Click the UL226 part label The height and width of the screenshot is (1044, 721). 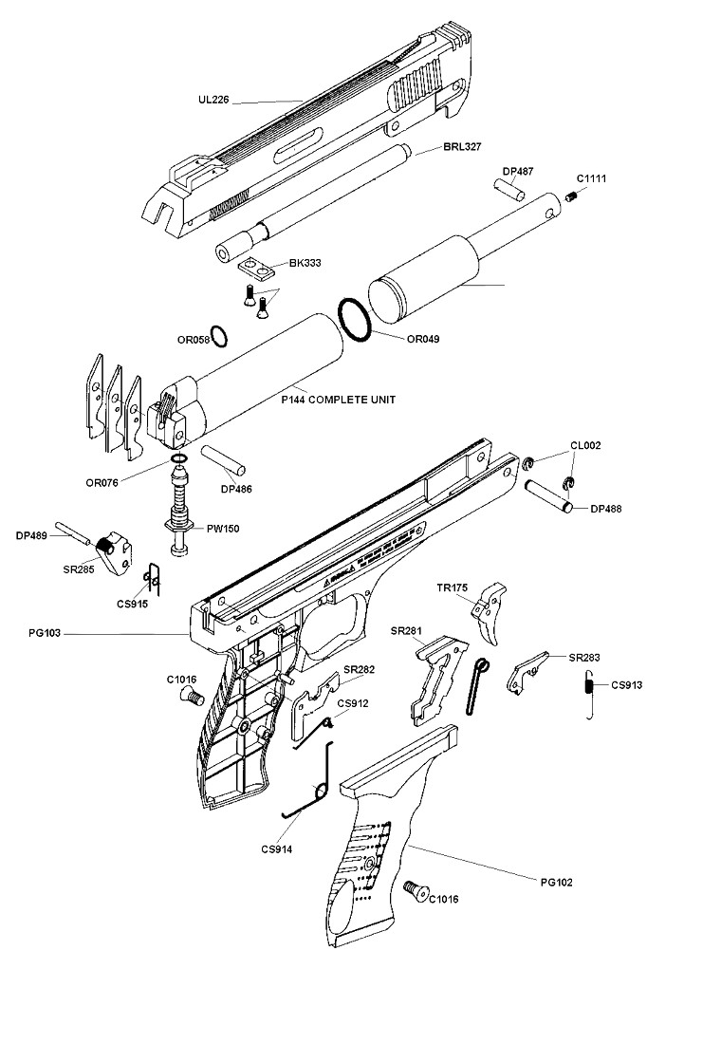click(213, 100)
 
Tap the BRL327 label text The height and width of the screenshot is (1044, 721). click(462, 146)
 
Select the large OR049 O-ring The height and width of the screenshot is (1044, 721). click(354, 320)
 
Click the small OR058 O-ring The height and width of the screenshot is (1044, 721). click(219, 337)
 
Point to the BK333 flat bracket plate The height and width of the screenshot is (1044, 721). click(256, 268)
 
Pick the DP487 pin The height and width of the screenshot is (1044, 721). click(509, 189)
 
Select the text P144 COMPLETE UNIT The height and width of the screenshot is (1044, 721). click(338, 400)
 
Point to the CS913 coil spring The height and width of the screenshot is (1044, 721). click(589, 695)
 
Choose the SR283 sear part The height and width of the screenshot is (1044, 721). click(527, 673)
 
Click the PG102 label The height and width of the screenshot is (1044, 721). click(556, 883)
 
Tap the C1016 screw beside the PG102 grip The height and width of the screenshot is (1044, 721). click(416, 891)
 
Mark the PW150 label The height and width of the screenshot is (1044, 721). click(222, 529)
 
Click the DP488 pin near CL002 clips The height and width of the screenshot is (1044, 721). click(548, 496)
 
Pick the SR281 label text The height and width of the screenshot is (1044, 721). click(406, 630)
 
